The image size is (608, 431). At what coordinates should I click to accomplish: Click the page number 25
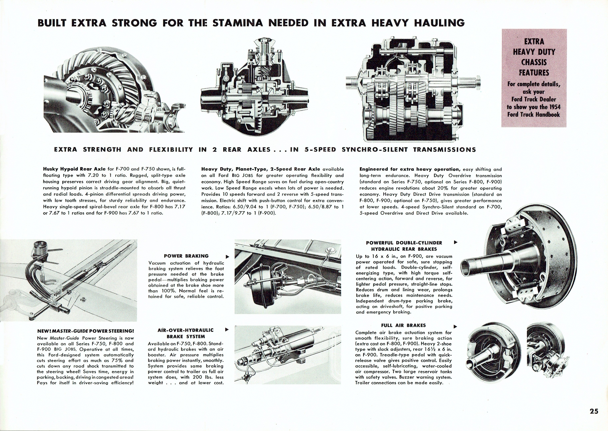[x=594, y=411]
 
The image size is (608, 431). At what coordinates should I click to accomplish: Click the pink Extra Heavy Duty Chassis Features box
[x=534, y=78]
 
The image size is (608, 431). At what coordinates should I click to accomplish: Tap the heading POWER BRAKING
[x=186, y=256]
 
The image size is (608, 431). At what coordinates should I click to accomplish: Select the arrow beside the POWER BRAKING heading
[x=227, y=257]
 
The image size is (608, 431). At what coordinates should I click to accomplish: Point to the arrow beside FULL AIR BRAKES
[x=455, y=326]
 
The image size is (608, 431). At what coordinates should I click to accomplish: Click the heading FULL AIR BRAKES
[x=403, y=325]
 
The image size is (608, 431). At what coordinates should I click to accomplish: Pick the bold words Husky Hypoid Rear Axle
[x=74, y=169]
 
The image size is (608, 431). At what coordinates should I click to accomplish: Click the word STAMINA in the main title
[x=238, y=23]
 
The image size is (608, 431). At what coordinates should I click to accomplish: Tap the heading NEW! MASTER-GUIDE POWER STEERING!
[x=85, y=331]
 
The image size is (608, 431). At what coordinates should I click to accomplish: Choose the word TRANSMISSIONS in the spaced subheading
[x=445, y=150]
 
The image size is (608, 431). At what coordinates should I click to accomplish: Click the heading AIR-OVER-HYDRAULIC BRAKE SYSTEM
[x=186, y=333]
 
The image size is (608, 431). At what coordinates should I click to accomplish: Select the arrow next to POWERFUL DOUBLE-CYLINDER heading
[x=456, y=242]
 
